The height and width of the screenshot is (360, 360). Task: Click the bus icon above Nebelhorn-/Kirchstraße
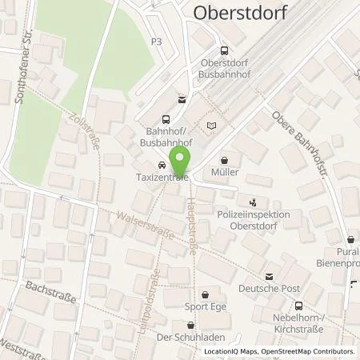[x=298, y=306]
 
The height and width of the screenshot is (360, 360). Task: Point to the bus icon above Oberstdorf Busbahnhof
[x=226, y=52]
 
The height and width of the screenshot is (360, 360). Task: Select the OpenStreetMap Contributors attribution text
[x=310, y=351]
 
